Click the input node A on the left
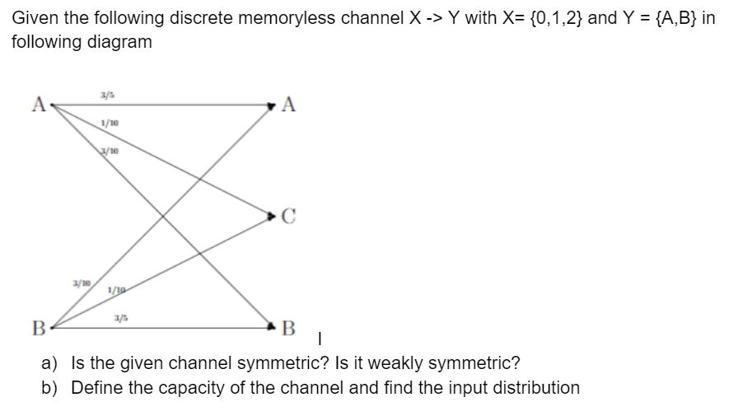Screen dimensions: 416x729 pos(36,104)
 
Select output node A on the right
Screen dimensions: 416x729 pos(287,104)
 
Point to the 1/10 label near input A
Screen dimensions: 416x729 pos(107,124)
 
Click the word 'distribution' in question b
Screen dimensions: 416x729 pos(536,387)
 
